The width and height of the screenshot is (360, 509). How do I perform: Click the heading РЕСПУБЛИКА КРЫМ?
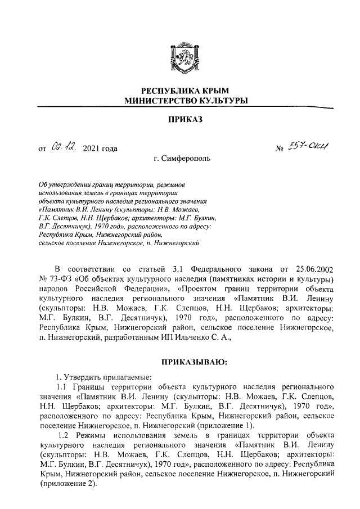point(179,91)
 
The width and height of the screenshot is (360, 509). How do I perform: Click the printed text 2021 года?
point(100,149)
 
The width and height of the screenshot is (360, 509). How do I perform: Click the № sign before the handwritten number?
point(278,150)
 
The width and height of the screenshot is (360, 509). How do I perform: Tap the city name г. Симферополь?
point(181,159)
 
